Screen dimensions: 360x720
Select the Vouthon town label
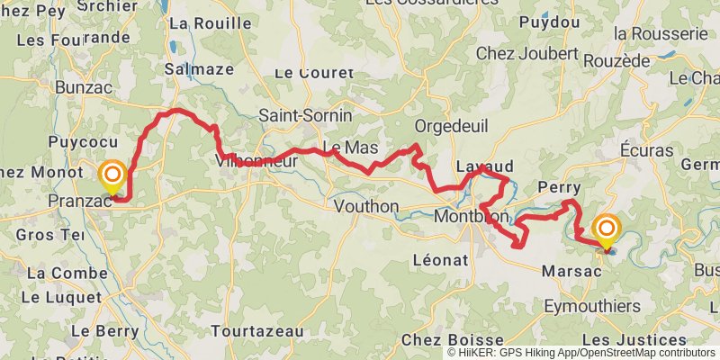365,206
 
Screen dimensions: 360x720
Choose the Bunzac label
82,87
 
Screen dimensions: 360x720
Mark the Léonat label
440,259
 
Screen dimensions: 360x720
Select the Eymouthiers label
592,307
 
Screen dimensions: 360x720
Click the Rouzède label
616,59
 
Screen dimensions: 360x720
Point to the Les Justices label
639,339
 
